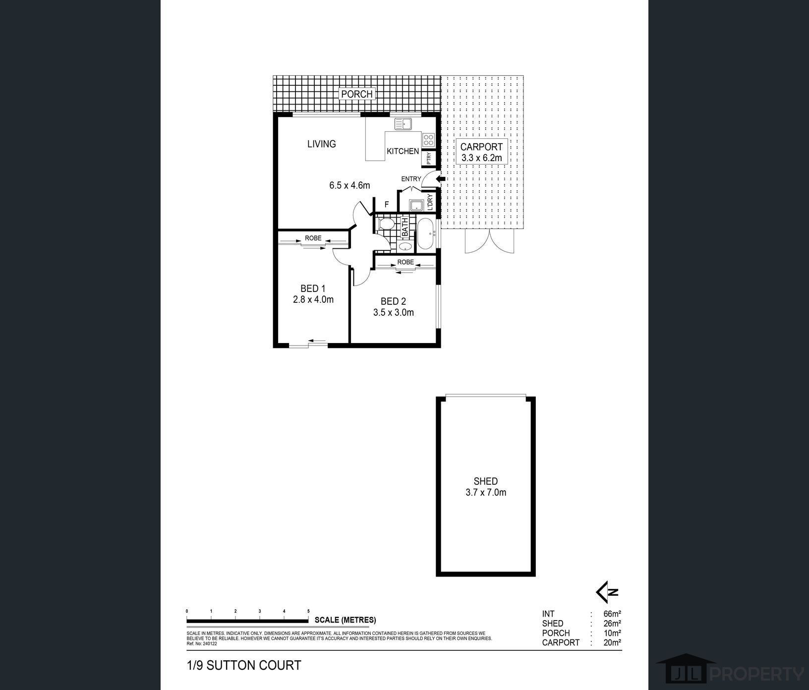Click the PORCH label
pyautogui.click(x=356, y=94)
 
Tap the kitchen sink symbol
pyautogui.click(x=403, y=124)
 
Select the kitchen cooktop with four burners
pyautogui.click(x=428, y=139)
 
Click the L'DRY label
pyautogui.click(x=430, y=202)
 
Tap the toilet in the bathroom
pyautogui.click(x=385, y=225)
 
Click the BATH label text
pyautogui.click(x=404, y=227)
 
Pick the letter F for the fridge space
pyautogui.click(x=387, y=204)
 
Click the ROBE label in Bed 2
pyautogui.click(x=405, y=262)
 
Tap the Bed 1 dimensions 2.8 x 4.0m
pyautogui.click(x=313, y=299)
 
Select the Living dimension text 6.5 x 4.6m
pyautogui.click(x=349, y=185)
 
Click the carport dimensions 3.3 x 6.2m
pyautogui.click(x=481, y=158)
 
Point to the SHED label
pyautogui.click(x=485, y=481)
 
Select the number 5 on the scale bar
pyautogui.click(x=308, y=611)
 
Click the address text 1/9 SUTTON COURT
pyautogui.click(x=244, y=665)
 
